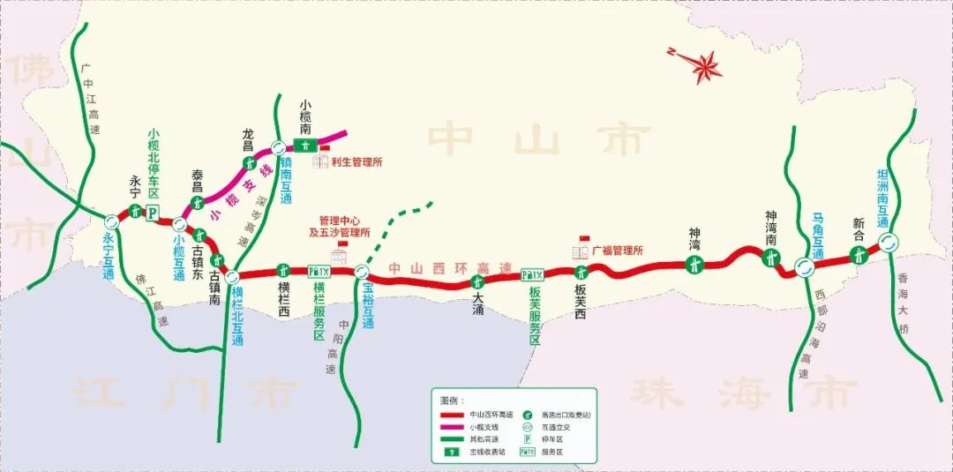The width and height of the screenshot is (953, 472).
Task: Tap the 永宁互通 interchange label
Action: coord(109,257)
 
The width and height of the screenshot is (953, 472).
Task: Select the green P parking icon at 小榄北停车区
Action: coord(151,213)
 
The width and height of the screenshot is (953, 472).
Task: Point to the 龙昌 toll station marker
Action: coord(250,162)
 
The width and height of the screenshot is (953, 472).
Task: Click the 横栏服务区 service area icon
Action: coord(319,272)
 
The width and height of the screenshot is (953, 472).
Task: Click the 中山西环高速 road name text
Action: coord(450,268)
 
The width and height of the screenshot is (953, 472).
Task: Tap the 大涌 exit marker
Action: coord(477,282)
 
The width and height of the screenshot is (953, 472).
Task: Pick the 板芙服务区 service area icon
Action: coord(532,274)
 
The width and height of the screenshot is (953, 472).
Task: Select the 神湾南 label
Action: coord(771,229)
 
